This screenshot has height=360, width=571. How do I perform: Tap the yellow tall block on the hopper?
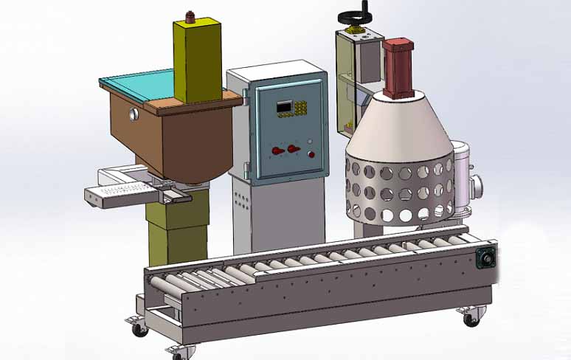[x=197, y=60]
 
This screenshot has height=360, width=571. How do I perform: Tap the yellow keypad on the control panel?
[x=302, y=108]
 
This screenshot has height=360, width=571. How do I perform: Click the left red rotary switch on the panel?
[x=278, y=150]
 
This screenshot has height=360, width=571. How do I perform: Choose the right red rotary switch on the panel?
[x=294, y=150]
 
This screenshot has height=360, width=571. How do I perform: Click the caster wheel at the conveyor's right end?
[x=470, y=319]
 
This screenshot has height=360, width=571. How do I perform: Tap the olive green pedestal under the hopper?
[x=177, y=224]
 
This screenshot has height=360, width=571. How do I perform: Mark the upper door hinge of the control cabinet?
[x=246, y=93]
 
